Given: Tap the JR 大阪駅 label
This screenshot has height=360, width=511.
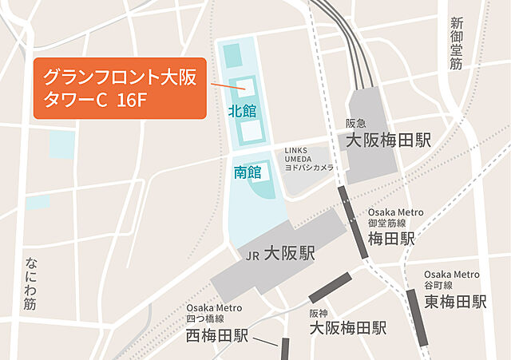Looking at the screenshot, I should coord(279,255).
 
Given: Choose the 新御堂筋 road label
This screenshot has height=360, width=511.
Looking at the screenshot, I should coord(456,43).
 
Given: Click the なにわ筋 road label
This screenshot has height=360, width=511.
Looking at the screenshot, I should coord(30,283).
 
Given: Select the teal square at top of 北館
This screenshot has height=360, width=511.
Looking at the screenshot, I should coord(232,56).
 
